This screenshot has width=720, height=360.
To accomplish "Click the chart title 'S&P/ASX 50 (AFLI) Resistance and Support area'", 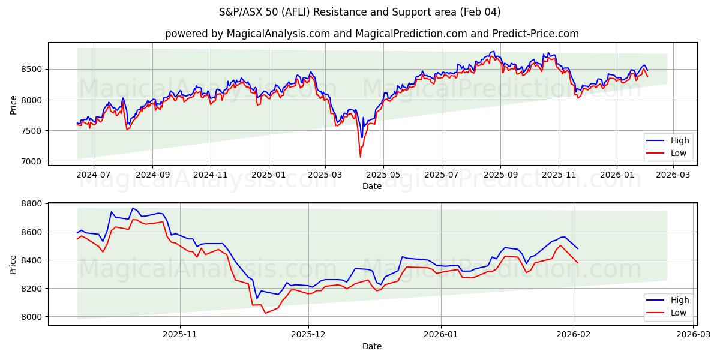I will pyautogui.click(x=359, y=12).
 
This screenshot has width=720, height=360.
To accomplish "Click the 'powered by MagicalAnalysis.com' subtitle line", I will pyautogui.click(x=371, y=34).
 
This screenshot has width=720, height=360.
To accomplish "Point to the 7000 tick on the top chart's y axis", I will pyautogui.click(x=32, y=161).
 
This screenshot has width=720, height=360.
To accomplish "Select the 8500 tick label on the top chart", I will pyautogui.click(x=32, y=70).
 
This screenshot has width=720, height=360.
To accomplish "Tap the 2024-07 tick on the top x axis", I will pyautogui.click(x=94, y=174).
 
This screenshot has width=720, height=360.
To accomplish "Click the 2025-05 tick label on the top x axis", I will pyautogui.click(x=383, y=174).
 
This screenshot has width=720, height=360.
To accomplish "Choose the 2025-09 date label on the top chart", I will pyautogui.click(x=500, y=174).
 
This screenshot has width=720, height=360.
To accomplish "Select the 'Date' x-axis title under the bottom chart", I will pyautogui.click(x=372, y=346).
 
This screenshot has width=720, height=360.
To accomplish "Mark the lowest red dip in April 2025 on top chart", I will pyautogui.click(x=360, y=157).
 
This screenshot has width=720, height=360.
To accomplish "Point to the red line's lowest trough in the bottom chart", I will pyautogui.click(x=266, y=313).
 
